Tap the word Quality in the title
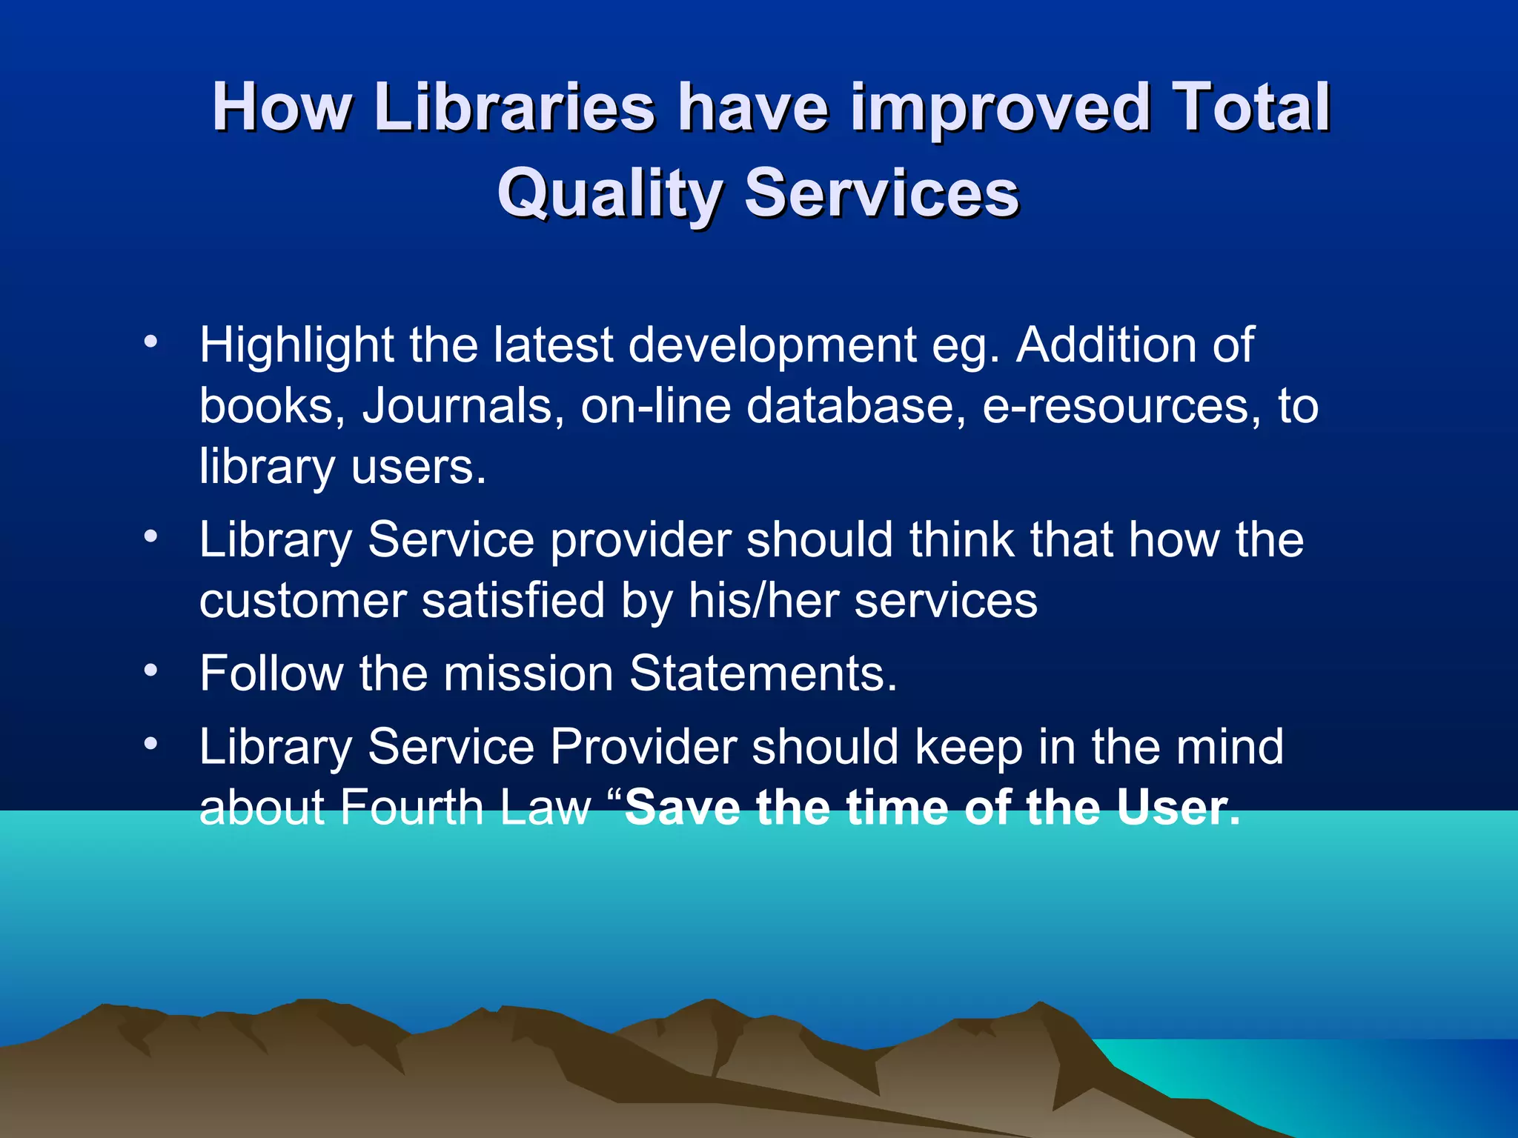(609, 193)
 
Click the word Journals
(457, 406)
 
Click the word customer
(302, 600)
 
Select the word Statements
(763, 673)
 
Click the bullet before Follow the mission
(151, 671)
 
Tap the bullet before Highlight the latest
(151, 342)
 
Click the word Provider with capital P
(643, 746)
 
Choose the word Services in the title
(881, 193)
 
